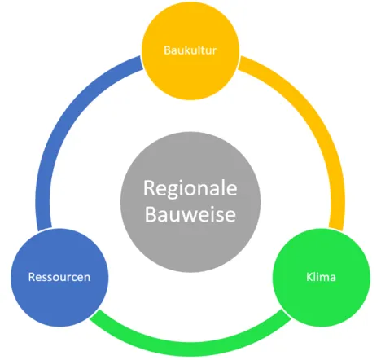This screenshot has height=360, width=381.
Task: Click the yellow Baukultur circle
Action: point(190,50)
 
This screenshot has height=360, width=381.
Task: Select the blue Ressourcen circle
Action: point(59,277)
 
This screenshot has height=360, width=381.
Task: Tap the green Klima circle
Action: point(322,277)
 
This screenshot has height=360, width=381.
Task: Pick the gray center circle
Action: point(190,202)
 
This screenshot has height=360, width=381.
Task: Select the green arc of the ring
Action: point(190,349)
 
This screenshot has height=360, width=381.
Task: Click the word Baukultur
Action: point(190,50)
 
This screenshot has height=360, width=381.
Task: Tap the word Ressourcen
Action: point(59,277)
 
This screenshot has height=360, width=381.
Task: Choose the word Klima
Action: point(321,277)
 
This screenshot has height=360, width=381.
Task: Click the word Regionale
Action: point(190,189)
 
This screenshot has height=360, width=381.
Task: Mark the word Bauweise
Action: point(190,214)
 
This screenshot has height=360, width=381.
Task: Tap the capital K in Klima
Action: point(309,277)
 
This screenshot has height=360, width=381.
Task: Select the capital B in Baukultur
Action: point(167,50)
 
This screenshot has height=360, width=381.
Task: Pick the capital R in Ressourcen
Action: point(32,277)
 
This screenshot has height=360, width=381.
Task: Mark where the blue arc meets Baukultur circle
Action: point(142,63)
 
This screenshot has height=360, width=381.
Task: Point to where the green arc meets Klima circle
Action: point(287,314)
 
